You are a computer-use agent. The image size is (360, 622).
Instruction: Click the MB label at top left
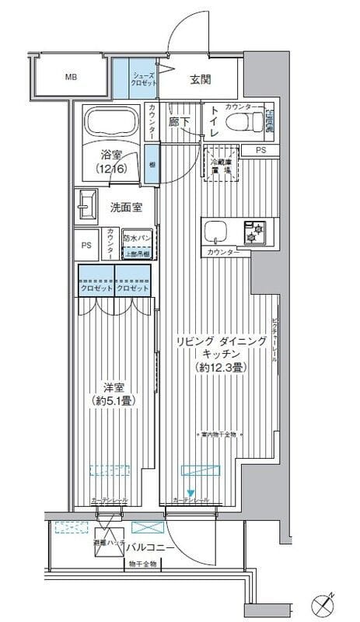coord(71,78)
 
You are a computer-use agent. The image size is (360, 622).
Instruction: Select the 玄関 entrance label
coord(201,79)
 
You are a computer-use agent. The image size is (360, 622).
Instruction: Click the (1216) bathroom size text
coord(115,168)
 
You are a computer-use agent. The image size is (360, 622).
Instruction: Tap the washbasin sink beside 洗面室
coord(86,206)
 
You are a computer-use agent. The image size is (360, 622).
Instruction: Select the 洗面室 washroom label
coord(125,208)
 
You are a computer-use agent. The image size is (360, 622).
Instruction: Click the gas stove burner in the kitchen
coord(254,231)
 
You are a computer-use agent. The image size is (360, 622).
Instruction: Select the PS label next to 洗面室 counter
coord(86,245)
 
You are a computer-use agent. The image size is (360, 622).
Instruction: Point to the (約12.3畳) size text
coord(222,366)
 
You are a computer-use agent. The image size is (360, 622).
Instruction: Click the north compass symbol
coord(324,603)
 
